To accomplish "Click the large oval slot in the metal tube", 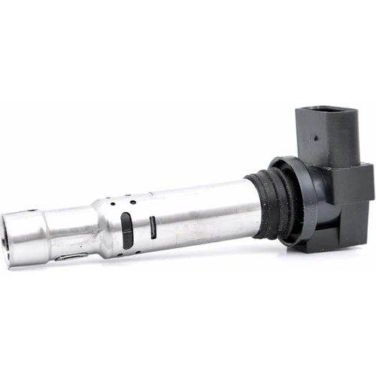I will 127,230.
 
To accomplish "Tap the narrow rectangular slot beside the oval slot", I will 153,227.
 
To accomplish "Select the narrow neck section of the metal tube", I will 71,233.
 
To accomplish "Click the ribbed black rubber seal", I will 263,203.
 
